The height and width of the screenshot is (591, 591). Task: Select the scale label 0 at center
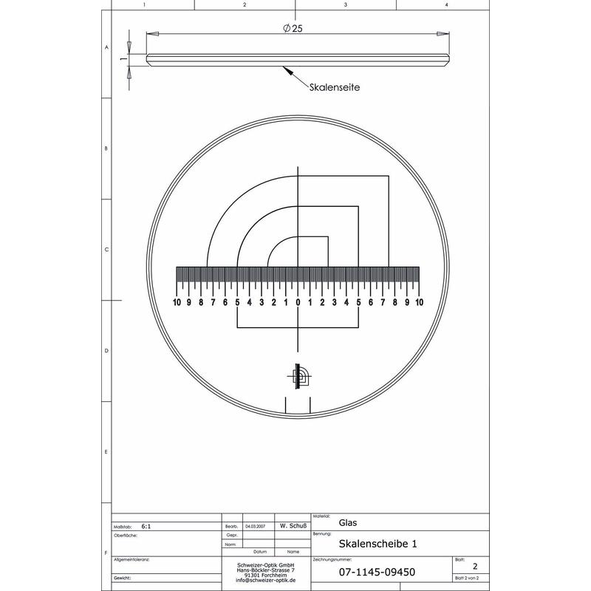coord(298,302)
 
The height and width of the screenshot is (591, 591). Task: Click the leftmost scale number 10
coord(177,302)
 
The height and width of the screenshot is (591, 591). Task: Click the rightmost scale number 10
coord(419,302)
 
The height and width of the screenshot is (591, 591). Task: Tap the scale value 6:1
coord(146,527)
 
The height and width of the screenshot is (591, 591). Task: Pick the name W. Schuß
coord(293,526)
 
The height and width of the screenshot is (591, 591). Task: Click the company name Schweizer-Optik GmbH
coord(267,565)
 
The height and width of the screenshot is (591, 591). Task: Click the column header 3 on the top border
coord(345,4)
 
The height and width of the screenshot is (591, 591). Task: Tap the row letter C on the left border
coord(107,250)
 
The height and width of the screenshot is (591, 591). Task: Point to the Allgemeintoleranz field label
coord(133,560)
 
